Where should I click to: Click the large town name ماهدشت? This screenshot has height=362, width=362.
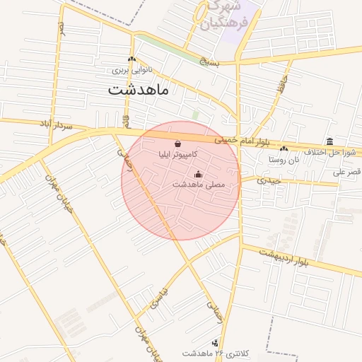139,90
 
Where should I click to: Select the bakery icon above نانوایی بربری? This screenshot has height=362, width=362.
132,59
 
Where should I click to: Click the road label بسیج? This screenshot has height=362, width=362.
210,62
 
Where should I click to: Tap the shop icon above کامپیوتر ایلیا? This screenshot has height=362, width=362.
176,144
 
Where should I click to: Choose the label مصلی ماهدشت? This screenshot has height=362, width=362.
198,184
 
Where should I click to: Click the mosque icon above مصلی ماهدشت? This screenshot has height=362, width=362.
198,174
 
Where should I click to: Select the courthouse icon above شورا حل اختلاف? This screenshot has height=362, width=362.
330,141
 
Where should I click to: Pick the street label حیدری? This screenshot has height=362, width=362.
269,180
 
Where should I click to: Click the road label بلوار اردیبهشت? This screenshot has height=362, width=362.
284,258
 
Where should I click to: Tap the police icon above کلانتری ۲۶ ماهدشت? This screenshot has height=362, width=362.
215,343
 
